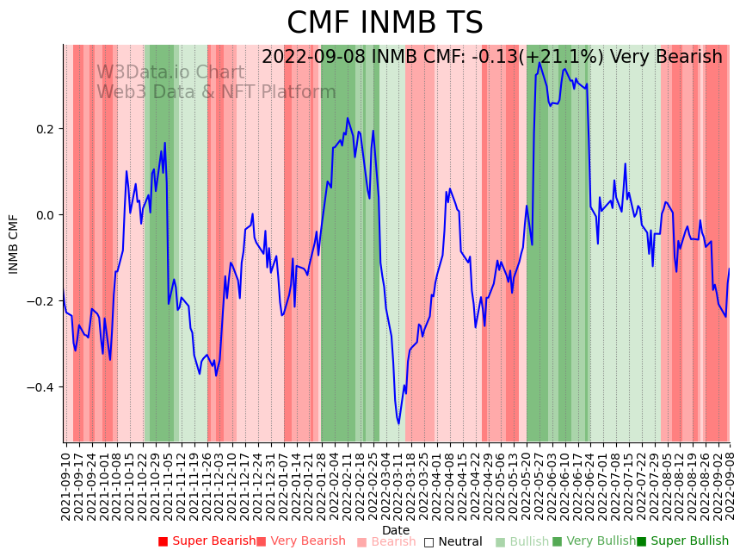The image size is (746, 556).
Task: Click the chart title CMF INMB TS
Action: tap(385, 23)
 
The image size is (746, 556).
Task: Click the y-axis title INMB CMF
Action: tap(14, 244)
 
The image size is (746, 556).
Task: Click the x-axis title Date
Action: tap(396, 530)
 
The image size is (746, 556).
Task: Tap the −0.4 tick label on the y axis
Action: tap(40, 387)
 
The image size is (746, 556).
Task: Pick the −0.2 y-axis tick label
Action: tap(40, 301)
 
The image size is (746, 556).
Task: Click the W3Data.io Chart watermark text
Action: tap(170, 72)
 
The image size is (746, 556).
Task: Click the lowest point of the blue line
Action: tap(398, 423)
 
